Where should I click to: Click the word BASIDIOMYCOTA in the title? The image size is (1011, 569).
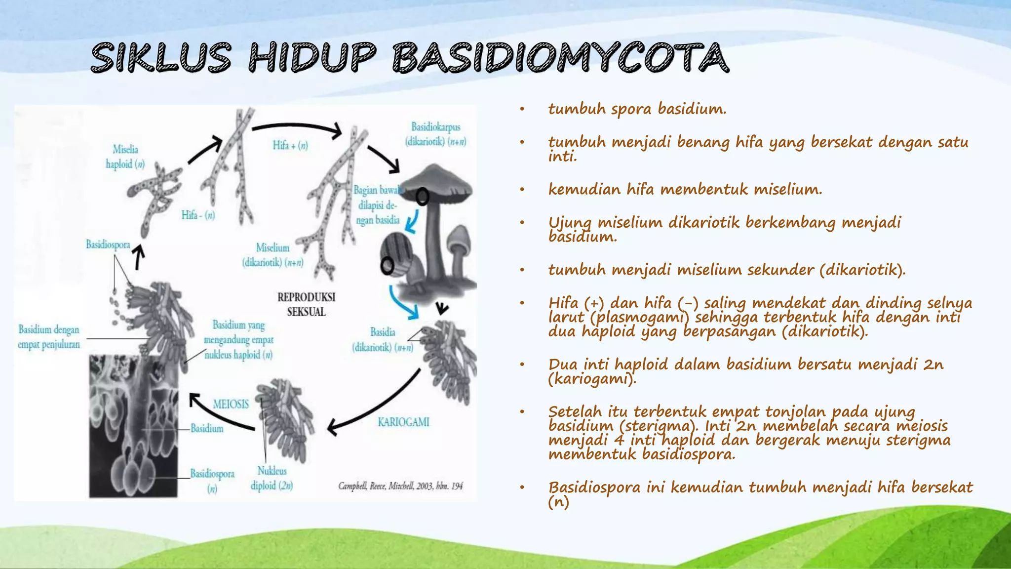[560, 58]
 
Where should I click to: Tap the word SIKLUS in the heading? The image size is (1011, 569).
[161, 58]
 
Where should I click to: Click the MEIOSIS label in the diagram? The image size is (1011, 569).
[231, 405]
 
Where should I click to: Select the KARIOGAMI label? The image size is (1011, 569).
[403, 422]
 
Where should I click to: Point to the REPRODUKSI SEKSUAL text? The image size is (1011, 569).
[306, 304]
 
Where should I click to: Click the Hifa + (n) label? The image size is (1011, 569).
[290, 145]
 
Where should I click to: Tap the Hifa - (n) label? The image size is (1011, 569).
[198, 215]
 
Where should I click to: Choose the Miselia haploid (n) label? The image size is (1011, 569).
[125, 157]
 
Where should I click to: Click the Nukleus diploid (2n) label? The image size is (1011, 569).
[272, 478]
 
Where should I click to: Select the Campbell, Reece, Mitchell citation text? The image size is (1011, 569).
[400, 486]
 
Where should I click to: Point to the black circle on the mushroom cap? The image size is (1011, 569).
[422, 197]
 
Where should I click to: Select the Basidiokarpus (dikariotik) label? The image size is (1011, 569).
[435, 134]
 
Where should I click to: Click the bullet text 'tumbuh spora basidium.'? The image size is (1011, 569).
[637, 109]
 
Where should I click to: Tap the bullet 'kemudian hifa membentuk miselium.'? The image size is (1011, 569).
[685, 189]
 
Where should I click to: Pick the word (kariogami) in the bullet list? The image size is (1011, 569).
[592, 379]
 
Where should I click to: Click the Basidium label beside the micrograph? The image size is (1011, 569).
[207, 428]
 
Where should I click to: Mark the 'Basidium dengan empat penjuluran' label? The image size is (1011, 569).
[48, 337]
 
